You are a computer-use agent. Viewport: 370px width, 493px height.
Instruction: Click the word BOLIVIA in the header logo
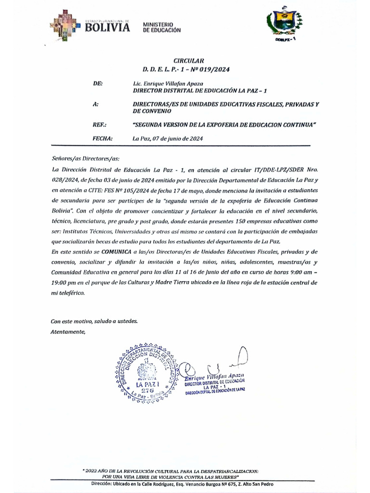tap(107, 27)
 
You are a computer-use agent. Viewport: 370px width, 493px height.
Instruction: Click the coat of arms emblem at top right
tap(284, 24)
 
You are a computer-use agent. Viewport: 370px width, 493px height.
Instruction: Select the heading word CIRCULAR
tap(185, 61)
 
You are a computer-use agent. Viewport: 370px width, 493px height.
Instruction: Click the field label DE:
tap(97, 83)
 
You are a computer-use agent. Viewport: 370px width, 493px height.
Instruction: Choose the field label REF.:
tap(99, 125)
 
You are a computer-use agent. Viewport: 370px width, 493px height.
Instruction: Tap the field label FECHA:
tap(102, 139)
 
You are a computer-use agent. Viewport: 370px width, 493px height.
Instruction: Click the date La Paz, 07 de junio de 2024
tap(167, 139)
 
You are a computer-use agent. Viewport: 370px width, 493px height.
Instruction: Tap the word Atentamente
tap(68, 331)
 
